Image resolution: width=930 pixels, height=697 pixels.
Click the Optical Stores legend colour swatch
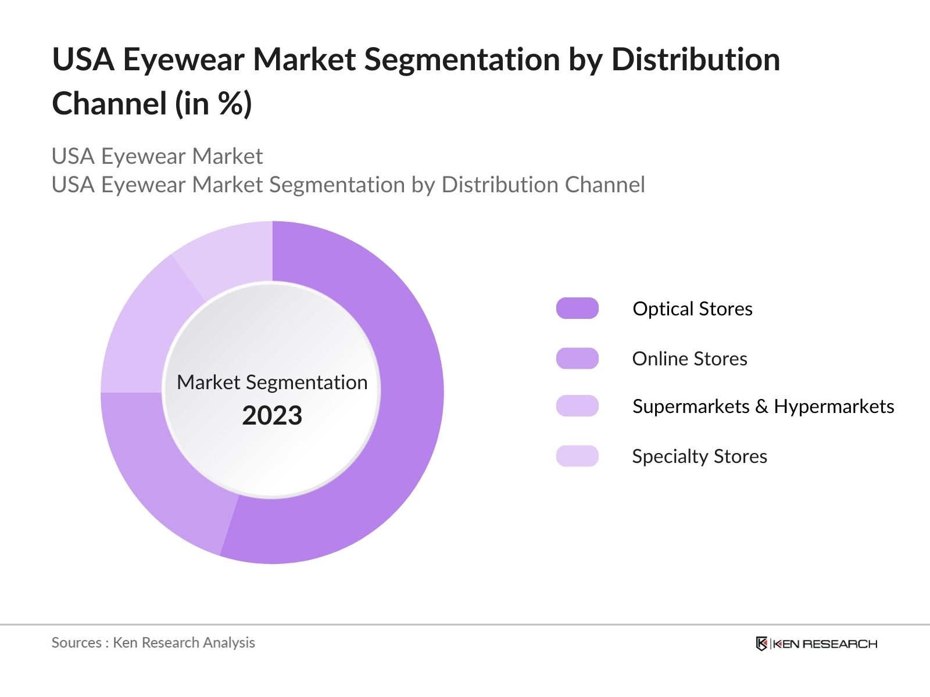coord(577,308)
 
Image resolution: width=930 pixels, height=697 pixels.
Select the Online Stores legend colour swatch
coord(577,358)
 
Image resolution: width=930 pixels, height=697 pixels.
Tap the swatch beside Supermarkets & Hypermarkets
coord(577,406)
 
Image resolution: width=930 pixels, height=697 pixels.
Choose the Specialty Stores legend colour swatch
coord(577,456)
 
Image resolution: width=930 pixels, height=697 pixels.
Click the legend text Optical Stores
coord(692,308)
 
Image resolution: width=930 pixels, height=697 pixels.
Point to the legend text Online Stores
coord(689,358)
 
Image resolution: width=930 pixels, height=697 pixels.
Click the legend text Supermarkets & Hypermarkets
coord(763,406)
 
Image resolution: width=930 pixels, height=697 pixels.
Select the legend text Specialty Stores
coord(699,456)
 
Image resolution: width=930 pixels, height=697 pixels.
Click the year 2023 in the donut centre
coord(272,416)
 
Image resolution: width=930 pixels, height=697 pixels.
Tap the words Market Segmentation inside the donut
coord(272,382)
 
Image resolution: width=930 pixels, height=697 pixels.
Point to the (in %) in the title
coord(214,104)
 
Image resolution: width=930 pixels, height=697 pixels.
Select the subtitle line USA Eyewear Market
coord(157,156)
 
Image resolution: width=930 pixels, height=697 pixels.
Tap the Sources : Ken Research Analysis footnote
coord(153,642)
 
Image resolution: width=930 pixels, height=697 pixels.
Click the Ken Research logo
coord(816,644)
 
